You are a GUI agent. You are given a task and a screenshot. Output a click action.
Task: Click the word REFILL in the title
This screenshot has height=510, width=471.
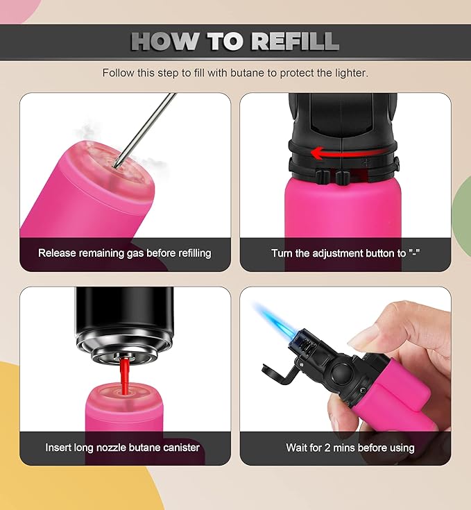coord(295,42)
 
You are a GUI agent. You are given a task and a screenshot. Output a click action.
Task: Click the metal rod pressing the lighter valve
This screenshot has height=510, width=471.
coord(144,130)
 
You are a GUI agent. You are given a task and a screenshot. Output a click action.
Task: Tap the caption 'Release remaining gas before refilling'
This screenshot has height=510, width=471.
coord(125,253)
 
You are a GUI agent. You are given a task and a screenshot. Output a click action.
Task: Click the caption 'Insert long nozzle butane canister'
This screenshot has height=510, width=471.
coord(123,448)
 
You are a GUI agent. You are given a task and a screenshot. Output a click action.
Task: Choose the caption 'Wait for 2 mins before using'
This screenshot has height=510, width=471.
coord(350,448)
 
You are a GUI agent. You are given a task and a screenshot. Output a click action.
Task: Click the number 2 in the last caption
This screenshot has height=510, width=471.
coord(327,448)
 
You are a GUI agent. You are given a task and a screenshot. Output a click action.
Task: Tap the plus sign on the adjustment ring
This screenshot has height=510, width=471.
coord(367,162)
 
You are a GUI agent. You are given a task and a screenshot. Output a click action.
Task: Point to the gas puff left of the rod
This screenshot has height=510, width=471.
coord(85,133)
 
